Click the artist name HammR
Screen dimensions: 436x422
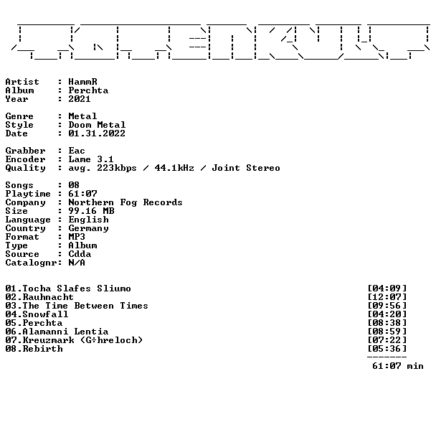tap(83, 82)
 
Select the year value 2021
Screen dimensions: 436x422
tap(80, 99)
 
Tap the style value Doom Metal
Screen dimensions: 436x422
tap(97, 125)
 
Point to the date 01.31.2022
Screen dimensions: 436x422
tap(97, 133)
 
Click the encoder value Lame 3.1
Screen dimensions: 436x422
tap(91, 159)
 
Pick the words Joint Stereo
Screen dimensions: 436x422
tap(246, 168)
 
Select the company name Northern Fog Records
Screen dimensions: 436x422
tap(125, 202)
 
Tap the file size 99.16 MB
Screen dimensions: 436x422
tap(92, 211)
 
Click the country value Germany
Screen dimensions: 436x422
tap(88, 228)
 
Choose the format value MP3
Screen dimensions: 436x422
tap(77, 237)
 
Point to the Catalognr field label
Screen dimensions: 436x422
tap(31, 263)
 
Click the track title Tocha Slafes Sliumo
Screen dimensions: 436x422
tap(77, 289)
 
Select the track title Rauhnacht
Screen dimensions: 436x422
tap(48, 297)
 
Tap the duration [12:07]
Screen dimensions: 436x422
tap(387, 297)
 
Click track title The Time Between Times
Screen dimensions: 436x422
tap(85, 306)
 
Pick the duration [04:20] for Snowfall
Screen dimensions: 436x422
tap(387, 314)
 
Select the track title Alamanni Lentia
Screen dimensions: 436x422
tap(65, 332)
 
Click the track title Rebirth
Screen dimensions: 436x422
tap(43, 349)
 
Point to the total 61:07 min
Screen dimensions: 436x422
tap(398, 366)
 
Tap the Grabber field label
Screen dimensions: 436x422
tap(25, 151)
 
